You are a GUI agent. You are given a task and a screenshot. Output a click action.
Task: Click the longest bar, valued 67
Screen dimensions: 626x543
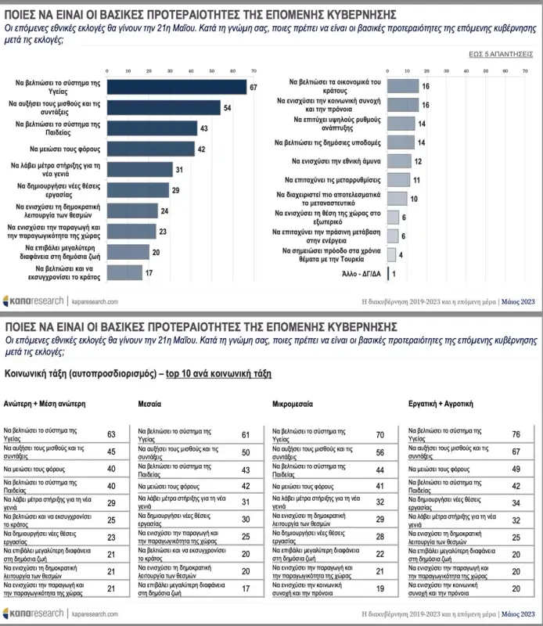tap(177, 87)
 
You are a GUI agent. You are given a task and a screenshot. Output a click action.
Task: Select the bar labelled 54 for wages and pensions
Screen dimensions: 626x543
tap(164, 107)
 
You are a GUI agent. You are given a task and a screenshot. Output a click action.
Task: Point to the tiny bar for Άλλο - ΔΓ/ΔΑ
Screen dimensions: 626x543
tap(388, 274)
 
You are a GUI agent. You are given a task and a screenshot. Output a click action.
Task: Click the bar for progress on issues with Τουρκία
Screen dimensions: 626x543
tap(391, 254)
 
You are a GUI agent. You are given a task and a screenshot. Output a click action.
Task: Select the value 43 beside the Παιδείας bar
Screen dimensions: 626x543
tap(203, 128)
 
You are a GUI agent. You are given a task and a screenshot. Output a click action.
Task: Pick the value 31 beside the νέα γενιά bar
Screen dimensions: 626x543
tap(178, 170)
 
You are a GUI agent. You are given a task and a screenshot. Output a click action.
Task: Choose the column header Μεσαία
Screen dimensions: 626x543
tap(149, 405)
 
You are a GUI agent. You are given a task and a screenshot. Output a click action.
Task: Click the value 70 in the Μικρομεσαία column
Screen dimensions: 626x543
tap(379, 434)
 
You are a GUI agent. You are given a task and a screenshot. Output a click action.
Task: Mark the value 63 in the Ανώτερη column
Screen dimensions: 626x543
tap(111, 434)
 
